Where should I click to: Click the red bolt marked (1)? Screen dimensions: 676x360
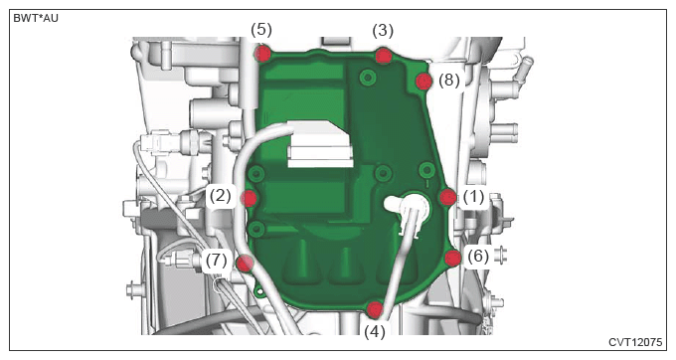pyautogui.click(x=448, y=198)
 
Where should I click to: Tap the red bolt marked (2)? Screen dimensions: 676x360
pyautogui.click(x=250, y=198)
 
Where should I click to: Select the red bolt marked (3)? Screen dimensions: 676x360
pyautogui.click(x=383, y=56)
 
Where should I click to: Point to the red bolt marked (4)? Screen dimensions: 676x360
pyautogui.click(x=374, y=309)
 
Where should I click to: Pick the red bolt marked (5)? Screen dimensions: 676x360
pyautogui.click(x=262, y=54)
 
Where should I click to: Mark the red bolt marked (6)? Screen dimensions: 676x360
pyautogui.click(x=452, y=258)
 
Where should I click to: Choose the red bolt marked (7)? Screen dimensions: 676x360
pyautogui.click(x=245, y=263)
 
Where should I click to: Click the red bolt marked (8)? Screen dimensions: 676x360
pyautogui.click(x=423, y=82)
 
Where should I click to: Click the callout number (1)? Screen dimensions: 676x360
pyautogui.click(x=473, y=197)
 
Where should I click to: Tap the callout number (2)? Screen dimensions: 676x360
pyautogui.click(x=221, y=196)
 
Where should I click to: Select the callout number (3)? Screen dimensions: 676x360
pyautogui.click(x=383, y=31)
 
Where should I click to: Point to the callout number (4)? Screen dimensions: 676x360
pyautogui.click(x=374, y=332)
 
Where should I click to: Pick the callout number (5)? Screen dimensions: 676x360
pyautogui.click(x=261, y=30)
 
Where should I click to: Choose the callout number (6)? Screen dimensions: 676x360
pyautogui.click(x=478, y=257)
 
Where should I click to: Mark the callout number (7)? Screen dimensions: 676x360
pyautogui.click(x=216, y=260)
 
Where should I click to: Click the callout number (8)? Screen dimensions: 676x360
pyautogui.click(x=448, y=81)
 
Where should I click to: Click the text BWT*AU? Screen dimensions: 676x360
pyautogui.click(x=36, y=18)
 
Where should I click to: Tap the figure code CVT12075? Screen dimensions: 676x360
pyautogui.click(x=635, y=342)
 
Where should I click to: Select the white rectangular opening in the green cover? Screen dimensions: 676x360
pyautogui.click(x=320, y=143)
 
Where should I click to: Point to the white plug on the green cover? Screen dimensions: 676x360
pyautogui.click(x=409, y=208)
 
